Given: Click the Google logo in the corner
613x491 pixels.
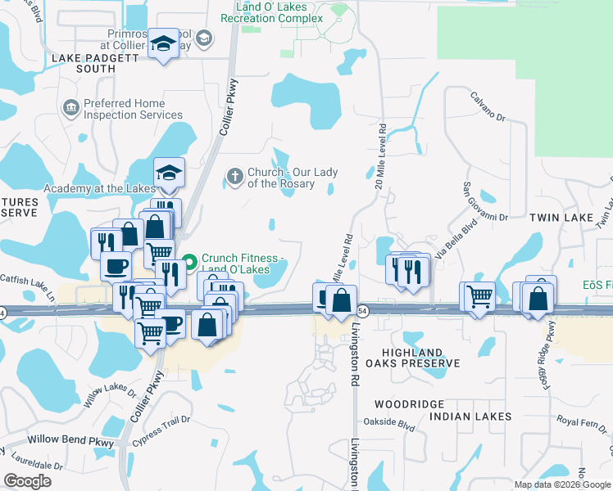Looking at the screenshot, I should [27, 481].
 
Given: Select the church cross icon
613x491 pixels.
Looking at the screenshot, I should [235, 174].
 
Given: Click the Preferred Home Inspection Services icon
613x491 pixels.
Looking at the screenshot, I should [70, 107].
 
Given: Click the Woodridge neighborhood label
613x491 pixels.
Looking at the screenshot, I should [409, 404].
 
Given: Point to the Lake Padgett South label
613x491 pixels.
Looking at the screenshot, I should [84, 63].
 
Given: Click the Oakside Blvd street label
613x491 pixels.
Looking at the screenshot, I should [394, 425].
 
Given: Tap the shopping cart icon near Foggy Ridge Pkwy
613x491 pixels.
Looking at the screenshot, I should [479, 297].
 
